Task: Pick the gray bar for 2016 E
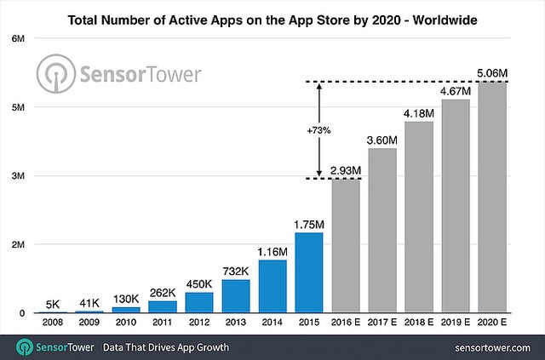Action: tap(346, 246)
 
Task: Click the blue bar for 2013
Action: tap(236, 296)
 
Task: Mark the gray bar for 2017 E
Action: tap(382, 231)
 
